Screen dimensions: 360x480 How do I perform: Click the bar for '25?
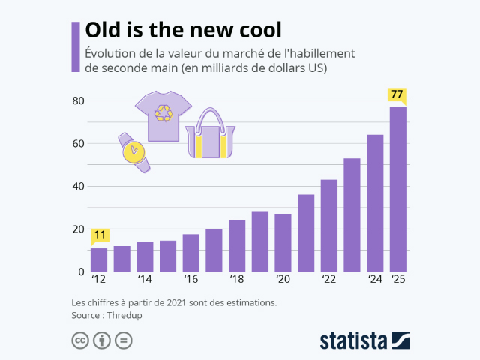click(397, 189)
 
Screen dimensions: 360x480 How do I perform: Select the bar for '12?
click(99, 259)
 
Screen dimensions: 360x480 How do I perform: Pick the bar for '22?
click(328, 225)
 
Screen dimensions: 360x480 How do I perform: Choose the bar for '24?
click(375, 203)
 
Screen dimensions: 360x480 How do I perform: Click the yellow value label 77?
click(397, 94)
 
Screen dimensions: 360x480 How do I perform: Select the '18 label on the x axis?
click(237, 280)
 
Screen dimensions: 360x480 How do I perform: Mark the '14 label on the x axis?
click(145, 280)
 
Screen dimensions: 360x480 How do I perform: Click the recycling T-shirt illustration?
click(163, 115)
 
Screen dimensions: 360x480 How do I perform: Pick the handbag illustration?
click(210, 134)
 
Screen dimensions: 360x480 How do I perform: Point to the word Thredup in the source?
click(125, 316)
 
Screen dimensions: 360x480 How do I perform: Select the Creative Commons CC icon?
click(80, 340)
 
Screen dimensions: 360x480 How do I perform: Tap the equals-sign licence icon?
click(124, 340)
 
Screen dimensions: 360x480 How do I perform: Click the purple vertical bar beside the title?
click(75, 46)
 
